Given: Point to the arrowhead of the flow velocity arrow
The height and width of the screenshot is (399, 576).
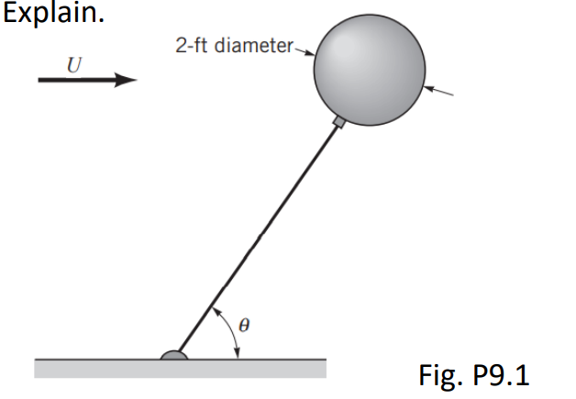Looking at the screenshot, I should coord(126,80).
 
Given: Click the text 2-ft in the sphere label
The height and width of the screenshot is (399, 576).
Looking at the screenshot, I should coord(194,46).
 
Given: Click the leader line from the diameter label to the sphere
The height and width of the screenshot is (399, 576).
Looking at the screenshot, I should coord(304,50).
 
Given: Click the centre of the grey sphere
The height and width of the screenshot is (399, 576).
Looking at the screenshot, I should coord(370,67).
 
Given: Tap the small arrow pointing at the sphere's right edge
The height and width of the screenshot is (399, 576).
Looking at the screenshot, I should coord(440,91).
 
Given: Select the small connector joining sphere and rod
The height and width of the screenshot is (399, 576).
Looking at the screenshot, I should coord(338,121).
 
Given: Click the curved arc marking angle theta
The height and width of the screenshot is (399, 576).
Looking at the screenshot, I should coord(234,335).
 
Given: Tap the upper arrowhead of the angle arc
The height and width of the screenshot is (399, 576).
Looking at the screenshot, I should coord(216,311).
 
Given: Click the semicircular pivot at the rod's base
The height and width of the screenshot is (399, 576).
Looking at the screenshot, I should coord(174,354).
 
